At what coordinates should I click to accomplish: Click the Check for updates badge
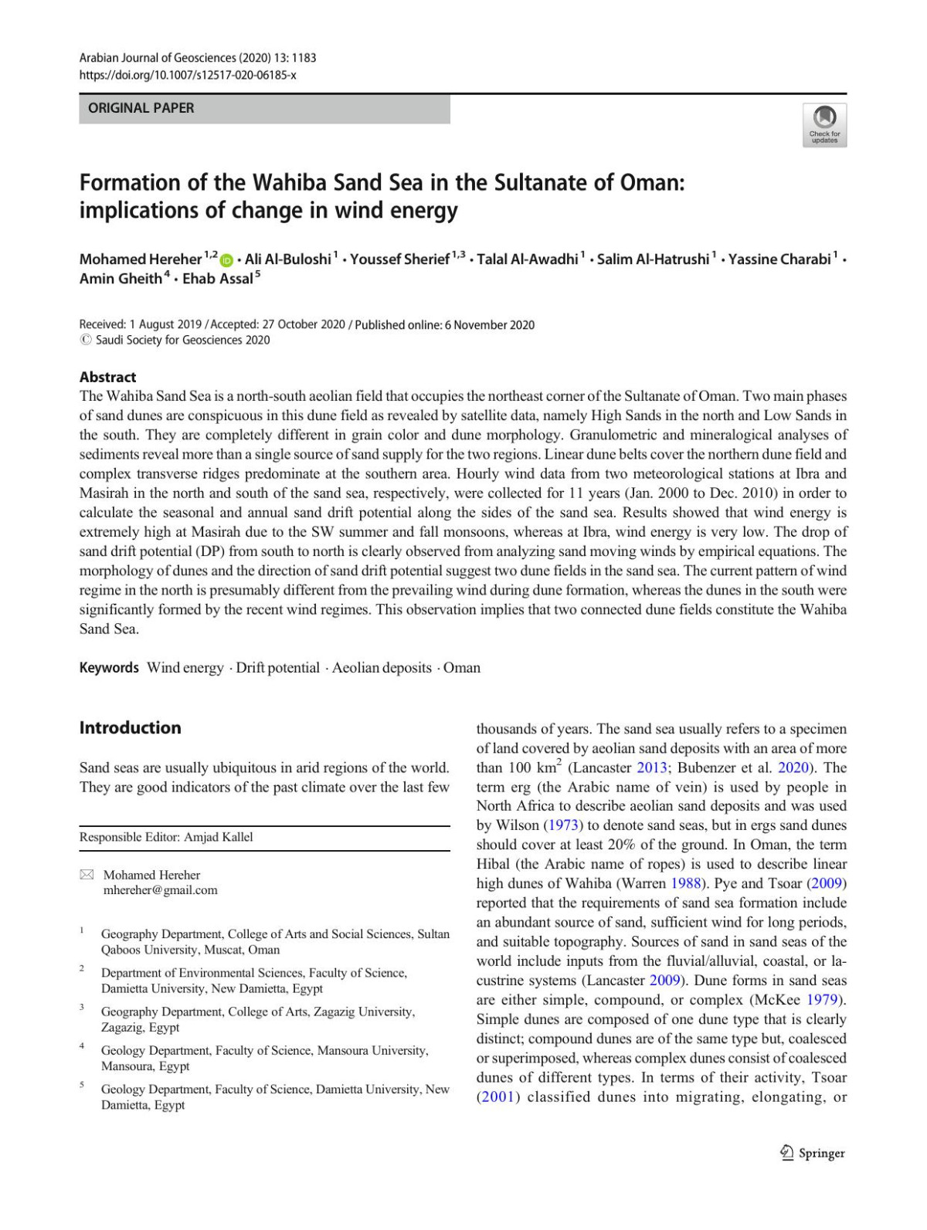(x=824, y=124)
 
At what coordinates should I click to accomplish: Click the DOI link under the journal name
(x=188, y=75)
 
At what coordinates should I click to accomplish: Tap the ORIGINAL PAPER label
(x=141, y=108)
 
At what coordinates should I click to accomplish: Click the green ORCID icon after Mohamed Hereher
(x=227, y=260)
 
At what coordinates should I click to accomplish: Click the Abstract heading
(x=107, y=377)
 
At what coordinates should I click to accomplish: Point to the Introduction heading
(x=130, y=727)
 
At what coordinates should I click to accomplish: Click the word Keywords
(x=109, y=667)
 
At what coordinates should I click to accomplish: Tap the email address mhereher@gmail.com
(x=161, y=889)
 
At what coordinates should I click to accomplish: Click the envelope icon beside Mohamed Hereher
(x=87, y=875)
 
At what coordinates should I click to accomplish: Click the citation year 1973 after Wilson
(x=564, y=825)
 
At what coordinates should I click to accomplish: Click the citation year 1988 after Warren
(x=686, y=883)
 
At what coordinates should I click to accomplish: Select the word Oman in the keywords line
(x=462, y=667)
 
